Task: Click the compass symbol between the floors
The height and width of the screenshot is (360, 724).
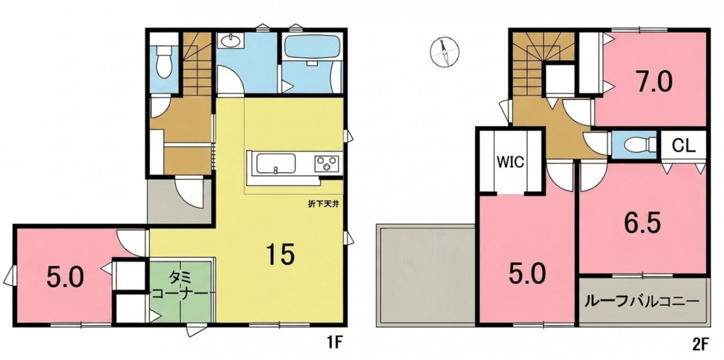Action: [x=445, y=51]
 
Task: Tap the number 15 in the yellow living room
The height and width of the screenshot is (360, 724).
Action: [x=280, y=255]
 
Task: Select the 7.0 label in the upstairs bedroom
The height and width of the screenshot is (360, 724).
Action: [x=652, y=83]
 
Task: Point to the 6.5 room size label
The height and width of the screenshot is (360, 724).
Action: [x=642, y=223]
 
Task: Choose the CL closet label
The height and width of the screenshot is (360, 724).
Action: [x=683, y=146]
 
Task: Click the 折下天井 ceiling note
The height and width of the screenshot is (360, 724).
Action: [x=324, y=204]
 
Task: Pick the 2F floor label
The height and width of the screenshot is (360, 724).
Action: [x=700, y=344]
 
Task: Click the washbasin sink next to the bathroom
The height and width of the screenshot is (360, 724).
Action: [x=230, y=41]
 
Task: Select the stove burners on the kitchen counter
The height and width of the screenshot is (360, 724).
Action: [x=327, y=164]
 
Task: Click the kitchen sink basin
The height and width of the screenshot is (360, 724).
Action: [x=276, y=164]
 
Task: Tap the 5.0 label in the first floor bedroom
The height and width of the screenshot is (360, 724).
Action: [x=64, y=277]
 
